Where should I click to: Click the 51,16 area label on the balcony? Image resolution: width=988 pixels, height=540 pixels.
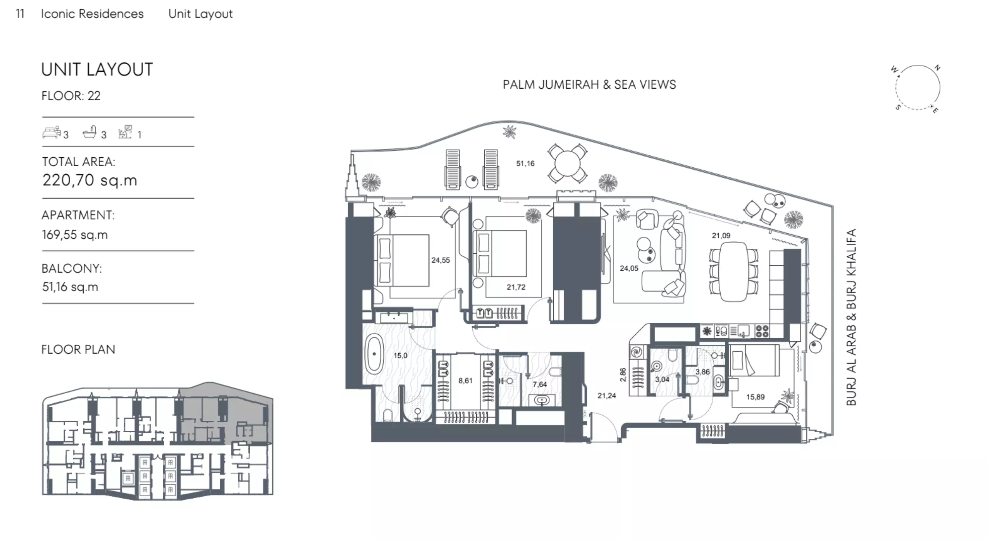pyautogui.click(x=525, y=163)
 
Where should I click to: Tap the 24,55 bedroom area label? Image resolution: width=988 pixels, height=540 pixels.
pyautogui.click(x=441, y=260)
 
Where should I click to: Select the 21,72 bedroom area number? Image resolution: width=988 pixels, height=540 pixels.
pyautogui.click(x=516, y=287)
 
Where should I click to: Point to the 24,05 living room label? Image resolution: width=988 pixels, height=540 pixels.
pyautogui.click(x=629, y=268)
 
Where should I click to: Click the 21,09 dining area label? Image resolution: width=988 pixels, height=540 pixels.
pyautogui.click(x=721, y=236)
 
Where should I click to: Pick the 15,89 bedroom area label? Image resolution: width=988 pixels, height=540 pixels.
pyautogui.click(x=756, y=397)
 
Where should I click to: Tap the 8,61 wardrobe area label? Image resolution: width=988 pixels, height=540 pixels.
pyautogui.click(x=465, y=381)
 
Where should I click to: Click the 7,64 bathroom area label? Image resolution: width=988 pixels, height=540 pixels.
pyautogui.click(x=540, y=385)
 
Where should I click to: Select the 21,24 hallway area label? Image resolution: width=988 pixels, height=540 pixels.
pyautogui.click(x=607, y=396)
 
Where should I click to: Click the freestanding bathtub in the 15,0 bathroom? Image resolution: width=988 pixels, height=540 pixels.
pyautogui.click(x=374, y=354)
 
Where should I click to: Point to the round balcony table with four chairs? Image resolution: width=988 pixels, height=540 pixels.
pyautogui.click(x=567, y=163)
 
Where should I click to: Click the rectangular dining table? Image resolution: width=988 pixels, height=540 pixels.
pyautogui.click(x=734, y=271)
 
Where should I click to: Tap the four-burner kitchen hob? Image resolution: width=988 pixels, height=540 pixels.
pyautogui.click(x=762, y=331)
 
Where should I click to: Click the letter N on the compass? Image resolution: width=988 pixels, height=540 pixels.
pyautogui.click(x=938, y=67)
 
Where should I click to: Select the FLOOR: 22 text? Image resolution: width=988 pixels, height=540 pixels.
pyautogui.click(x=71, y=96)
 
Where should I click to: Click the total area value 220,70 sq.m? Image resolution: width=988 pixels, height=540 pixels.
pyautogui.click(x=90, y=180)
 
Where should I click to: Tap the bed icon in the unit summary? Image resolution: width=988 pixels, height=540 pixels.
pyautogui.click(x=52, y=132)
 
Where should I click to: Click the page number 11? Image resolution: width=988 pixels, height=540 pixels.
pyautogui.click(x=20, y=14)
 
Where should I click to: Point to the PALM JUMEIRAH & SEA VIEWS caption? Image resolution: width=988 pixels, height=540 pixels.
pyautogui.click(x=589, y=84)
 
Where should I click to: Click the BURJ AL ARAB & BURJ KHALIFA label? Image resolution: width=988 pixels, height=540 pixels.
pyautogui.click(x=851, y=317)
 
